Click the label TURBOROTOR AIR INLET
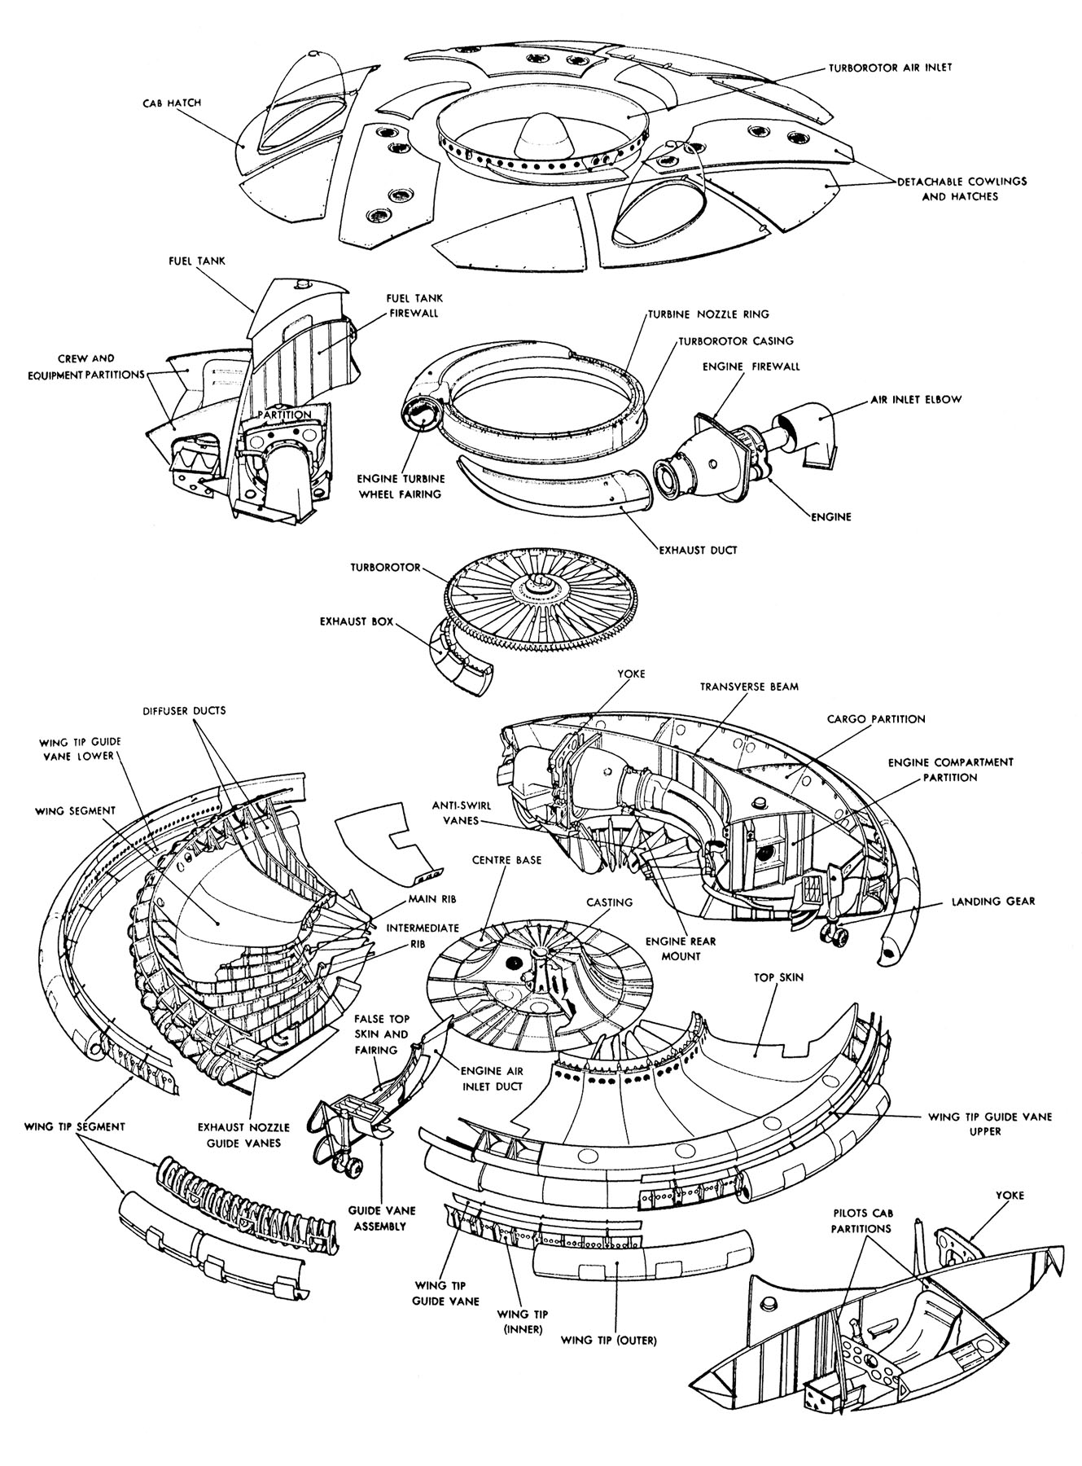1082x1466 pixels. tap(890, 68)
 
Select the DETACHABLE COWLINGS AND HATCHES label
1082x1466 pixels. tap(961, 189)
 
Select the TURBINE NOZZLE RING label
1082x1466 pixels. tap(708, 314)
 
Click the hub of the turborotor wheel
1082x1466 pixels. tap(538, 583)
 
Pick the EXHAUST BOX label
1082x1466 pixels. tap(356, 621)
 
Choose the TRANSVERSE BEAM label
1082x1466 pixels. tap(749, 687)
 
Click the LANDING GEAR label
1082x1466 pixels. tap(995, 901)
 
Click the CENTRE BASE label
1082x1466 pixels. tap(512, 859)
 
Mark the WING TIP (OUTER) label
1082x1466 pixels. tap(610, 1337)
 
